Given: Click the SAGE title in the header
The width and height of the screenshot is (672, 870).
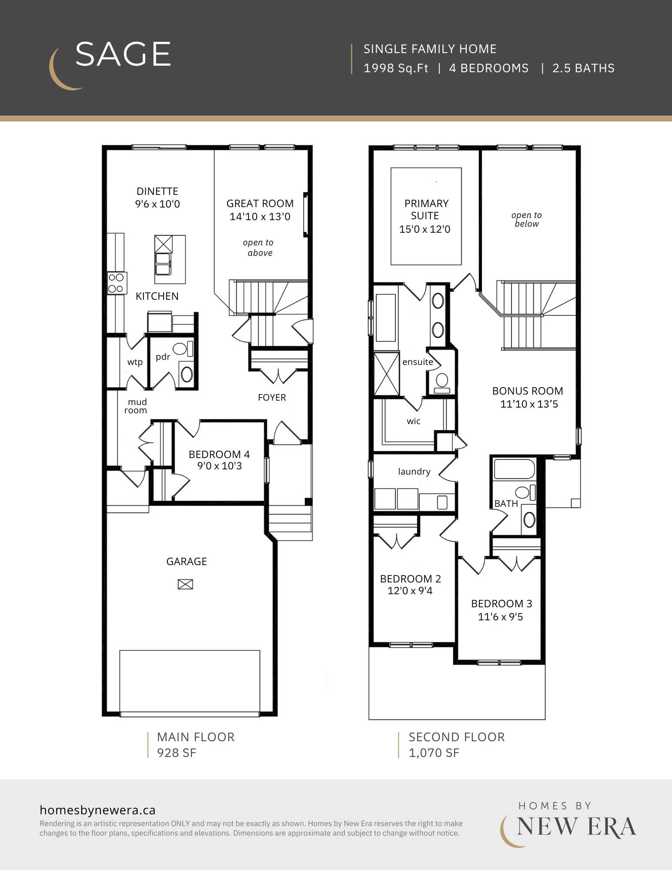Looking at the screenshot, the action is pos(123,54).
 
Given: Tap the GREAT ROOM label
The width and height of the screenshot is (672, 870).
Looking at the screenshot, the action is pos(260,204).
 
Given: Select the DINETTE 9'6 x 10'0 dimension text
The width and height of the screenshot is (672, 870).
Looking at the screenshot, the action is pos(157,204).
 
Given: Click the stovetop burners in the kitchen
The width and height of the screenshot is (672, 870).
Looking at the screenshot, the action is pos(116,283).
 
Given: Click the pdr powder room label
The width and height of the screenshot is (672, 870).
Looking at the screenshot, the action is pos(163,357).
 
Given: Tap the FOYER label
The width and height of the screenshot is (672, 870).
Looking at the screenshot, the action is pos(272,398).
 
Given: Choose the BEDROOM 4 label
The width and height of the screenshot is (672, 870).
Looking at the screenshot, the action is pos(219,455).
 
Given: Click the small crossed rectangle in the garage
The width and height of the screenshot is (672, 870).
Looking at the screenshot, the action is pos(185,584).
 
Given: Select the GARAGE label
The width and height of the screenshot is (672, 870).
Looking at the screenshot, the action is pos(187,562).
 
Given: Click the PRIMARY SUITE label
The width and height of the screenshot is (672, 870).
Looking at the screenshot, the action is pos(426,210).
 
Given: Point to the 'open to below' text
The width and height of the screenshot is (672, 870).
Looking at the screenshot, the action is pos(527,220).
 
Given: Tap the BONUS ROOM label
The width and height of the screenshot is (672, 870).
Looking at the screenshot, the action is pos(528,391).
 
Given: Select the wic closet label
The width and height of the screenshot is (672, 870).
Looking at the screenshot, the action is pos(414,421).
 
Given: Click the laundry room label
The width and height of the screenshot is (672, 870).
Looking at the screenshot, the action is pos(414,472).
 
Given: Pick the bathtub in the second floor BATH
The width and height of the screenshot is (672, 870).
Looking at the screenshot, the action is pos(514,469).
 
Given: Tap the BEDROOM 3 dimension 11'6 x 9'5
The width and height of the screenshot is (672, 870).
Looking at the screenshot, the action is pos(500,617).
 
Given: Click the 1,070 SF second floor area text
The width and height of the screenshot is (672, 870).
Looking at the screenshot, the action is pos(434,753).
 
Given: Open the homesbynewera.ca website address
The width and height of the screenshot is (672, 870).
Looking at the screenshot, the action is pos(97,810).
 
